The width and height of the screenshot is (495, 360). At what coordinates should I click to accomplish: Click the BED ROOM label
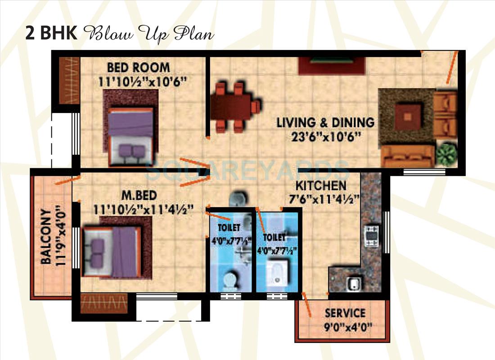(x=138, y=67)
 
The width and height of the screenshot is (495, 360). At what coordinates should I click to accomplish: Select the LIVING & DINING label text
(x=325, y=122)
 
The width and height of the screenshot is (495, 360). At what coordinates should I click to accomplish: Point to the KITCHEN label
(x=321, y=185)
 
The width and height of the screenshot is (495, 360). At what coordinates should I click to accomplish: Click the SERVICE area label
(x=345, y=313)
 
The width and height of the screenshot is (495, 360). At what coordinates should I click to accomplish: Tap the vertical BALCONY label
(x=45, y=237)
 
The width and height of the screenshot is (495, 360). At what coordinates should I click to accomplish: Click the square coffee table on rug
(x=408, y=116)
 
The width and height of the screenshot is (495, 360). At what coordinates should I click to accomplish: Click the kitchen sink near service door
(x=353, y=283)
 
